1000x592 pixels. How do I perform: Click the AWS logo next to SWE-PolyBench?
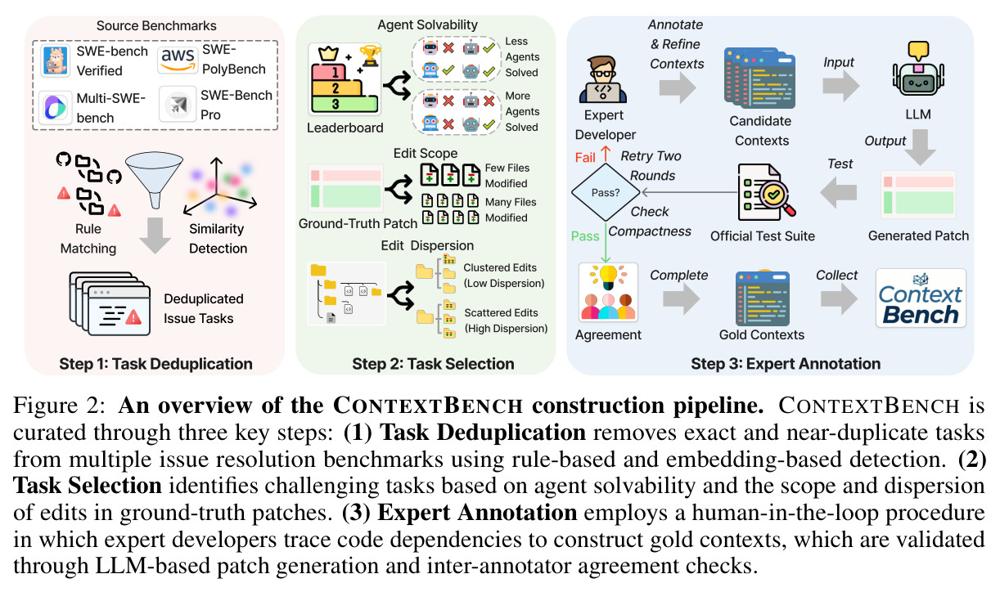tap(178, 61)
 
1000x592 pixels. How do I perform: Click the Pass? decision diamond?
tap(606, 192)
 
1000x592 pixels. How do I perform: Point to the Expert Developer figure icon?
tap(602, 79)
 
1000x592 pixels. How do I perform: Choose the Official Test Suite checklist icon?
tap(766, 193)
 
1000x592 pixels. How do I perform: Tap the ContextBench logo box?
tap(921, 298)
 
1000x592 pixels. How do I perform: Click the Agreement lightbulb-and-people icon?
tap(608, 292)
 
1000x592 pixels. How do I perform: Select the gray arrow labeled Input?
tap(840, 86)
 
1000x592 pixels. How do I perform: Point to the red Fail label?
tap(585, 158)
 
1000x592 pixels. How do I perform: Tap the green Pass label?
tap(585, 236)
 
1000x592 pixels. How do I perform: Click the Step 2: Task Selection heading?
tap(433, 364)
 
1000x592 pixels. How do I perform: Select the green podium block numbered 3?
tap(345, 105)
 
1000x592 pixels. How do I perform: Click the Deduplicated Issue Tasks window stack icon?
tap(110, 303)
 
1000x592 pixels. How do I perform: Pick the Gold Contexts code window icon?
tap(763, 298)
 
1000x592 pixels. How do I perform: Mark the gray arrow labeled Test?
tap(839, 193)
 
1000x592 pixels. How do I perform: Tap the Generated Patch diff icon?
tap(918, 195)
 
